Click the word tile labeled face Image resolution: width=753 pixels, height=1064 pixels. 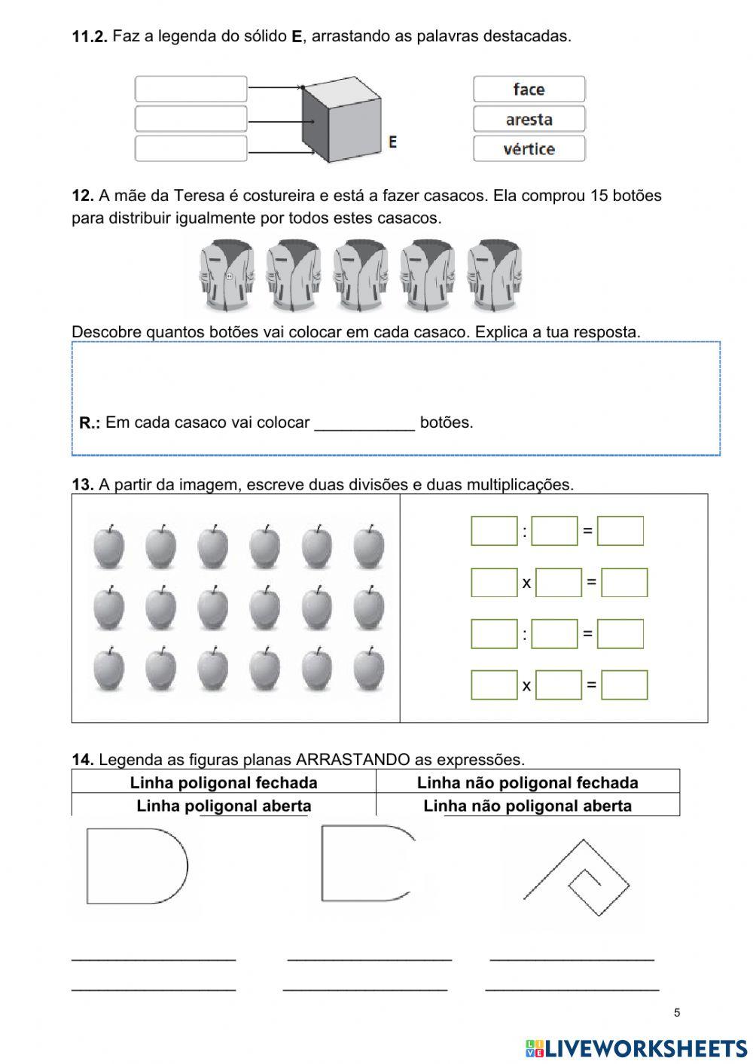click(529, 89)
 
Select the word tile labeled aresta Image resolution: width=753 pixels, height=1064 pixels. click(529, 119)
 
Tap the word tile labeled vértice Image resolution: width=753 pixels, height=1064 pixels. click(529, 148)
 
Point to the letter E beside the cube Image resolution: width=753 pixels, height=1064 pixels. click(392, 142)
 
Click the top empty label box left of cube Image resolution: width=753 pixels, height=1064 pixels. click(191, 89)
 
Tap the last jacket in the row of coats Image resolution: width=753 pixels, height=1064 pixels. click(494, 275)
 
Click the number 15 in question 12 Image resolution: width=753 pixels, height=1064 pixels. click(599, 196)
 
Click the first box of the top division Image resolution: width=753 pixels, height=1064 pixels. click(494, 531)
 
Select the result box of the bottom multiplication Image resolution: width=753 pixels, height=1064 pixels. click(624, 684)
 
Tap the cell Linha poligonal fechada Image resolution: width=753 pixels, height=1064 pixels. click(224, 782)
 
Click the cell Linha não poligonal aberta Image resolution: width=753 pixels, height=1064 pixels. click(528, 806)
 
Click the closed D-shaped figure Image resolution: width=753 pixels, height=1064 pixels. click(136, 866)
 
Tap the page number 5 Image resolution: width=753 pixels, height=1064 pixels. click(677, 1012)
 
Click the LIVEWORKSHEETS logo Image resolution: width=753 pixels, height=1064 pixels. click(636, 1047)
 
